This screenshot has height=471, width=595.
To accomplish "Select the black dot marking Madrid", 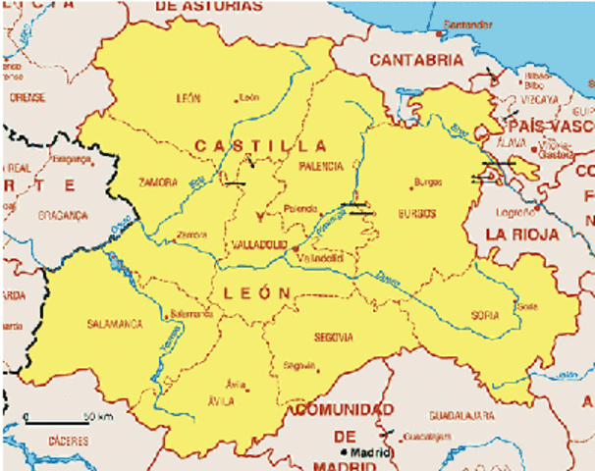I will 344,451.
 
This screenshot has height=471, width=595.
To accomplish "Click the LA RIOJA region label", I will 523,235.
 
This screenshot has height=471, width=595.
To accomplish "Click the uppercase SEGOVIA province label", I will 334,338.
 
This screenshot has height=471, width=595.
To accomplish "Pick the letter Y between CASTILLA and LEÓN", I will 259,216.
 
